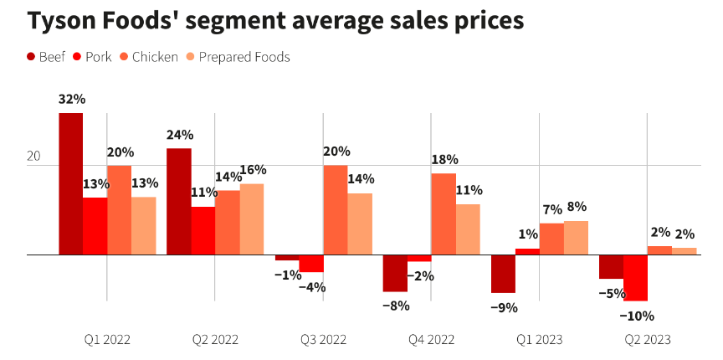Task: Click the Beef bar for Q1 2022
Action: click(x=71, y=183)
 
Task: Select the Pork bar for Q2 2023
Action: click(x=635, y=277)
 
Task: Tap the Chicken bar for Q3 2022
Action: click(x=336, y=209)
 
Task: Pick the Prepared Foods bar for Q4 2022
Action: click(x=468, y=229)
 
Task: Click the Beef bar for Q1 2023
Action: click(x=503, y=273)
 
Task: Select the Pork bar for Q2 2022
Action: click(x=203, y=230)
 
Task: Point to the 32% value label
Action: click(x=72, y=100)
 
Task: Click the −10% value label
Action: click(x=637, y=316)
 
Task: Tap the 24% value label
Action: click(x=180, y=135)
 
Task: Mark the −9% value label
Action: click(x=504, y=307)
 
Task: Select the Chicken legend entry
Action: click(x=148, y=57)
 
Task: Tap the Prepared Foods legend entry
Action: click(x=238, y=57)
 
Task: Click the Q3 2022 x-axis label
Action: click(x=323, y=340)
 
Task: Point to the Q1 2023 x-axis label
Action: click(x=539, y=340)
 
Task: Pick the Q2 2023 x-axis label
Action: click(x=647, y=340)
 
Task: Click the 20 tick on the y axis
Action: click(x=34, y=157)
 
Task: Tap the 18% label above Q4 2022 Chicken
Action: click(x=444, y=160)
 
